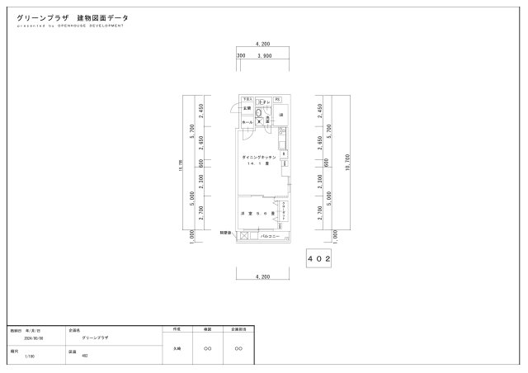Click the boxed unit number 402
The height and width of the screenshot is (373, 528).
pos(319,258)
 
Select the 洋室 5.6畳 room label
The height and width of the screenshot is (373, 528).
pos(257,214)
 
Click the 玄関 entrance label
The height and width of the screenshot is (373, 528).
pos(247,108)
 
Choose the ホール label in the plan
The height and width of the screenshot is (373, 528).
pos(247,122)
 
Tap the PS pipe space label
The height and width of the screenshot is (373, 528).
pos(278,99)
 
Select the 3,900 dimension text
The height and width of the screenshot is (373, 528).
pos(266,56)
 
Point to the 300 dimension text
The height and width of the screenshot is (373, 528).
pos(241,56)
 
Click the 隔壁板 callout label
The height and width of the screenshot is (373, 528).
pos(224,234)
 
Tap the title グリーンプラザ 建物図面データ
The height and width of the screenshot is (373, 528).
pos(73,17)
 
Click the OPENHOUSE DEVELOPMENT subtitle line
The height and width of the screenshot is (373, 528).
pos(70,26)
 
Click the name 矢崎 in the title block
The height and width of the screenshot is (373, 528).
pos(177,348)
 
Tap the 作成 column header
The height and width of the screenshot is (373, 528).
pos(177,329)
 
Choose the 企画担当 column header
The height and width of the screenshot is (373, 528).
pos(238,329)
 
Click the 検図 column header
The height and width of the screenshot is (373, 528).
pos(208,329)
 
